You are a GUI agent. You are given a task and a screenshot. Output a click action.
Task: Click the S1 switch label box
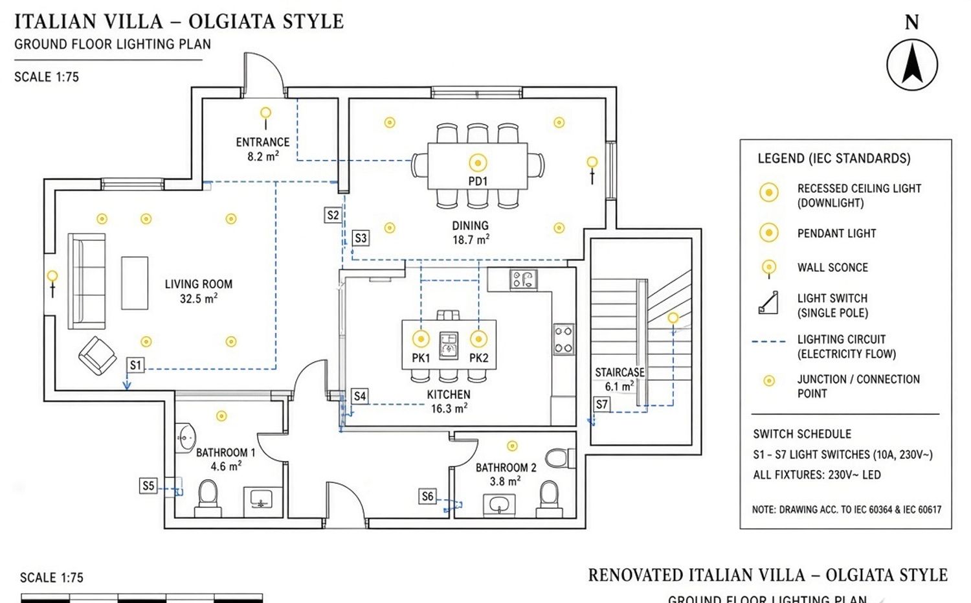click(x=136, y=365)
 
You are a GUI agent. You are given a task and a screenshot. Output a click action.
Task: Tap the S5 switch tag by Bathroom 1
click(x=148, y=485)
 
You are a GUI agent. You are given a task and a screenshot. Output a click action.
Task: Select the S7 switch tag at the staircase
click(x=601, y=404)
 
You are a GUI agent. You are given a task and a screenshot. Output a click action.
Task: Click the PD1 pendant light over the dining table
click(x=478, y=163)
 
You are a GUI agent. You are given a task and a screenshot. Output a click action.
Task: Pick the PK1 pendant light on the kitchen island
click(x=421, y=339)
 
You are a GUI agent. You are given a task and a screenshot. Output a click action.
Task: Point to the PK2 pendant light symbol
click(x=478, y=339)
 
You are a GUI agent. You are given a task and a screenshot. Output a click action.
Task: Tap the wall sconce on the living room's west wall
click(x=52, y=284)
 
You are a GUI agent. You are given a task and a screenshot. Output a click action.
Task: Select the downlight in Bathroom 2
click(x=513, y=446)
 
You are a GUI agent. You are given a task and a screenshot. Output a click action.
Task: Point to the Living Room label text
click(x=199, y=284)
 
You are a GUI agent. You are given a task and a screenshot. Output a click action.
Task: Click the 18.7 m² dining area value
click(x=471, y=240)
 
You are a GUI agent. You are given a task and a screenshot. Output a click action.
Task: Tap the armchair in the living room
click(x=98, y=356)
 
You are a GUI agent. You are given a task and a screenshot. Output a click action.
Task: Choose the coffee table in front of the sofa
click(x=135, y=283)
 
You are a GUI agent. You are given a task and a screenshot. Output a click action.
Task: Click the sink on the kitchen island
click(x=449, y=346)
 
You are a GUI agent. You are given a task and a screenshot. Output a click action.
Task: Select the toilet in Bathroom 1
click(x=208, y=499)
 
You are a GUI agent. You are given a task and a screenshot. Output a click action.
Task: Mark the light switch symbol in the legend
click(x=768, y=303)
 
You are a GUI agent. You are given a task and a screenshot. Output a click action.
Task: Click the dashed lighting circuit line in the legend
click(x=768, y=342)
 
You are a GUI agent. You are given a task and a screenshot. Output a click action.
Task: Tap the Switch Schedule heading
click(x=802, y=434)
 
